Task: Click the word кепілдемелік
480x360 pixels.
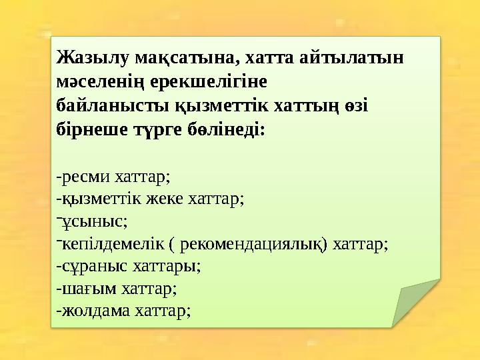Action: pyautogui.click(x=111, y=243)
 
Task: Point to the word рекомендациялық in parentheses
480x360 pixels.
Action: pyautogui.click(x=253, y=243)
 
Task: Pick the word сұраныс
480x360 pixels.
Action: pyautogui.click(x=89, y=266)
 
